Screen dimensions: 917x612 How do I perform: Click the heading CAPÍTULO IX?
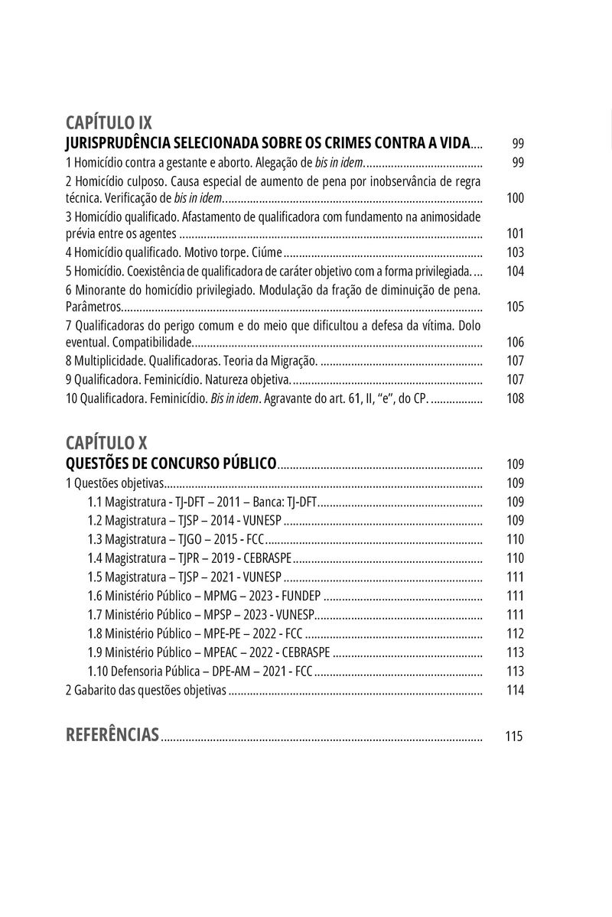[x=109, y=122]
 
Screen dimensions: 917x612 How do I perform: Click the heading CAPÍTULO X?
[x=106, y=442]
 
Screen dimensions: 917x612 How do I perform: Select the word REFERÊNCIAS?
[x=112, y=736]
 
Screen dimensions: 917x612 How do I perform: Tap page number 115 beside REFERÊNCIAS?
[x=514, y=737]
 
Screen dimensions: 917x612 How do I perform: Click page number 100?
[x=515, y=198]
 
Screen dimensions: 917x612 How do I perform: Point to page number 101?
[x=515, y=234]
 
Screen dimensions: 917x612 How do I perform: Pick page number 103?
[x=515, y=252]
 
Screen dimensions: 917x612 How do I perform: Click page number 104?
[x=515, y=272]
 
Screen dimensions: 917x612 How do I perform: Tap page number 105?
[x=515, y=307]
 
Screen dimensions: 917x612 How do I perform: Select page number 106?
[x=515, y=343]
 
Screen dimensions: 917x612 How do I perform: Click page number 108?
[x=515, y=398]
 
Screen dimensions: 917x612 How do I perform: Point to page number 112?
[x=515, y=633]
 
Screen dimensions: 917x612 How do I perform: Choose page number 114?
[x=515, y=690]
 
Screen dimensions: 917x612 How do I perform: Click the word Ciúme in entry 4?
[x=267, y=252]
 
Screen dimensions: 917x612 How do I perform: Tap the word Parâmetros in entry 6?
[x=93, y=307]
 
